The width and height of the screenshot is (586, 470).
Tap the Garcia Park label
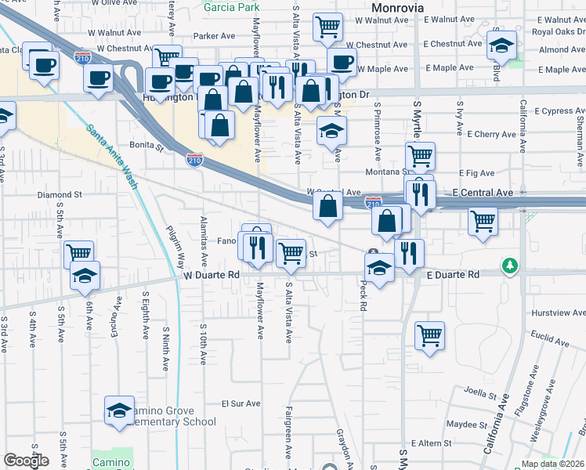pos(231,8)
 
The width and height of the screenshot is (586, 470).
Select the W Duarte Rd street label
pos(212,276)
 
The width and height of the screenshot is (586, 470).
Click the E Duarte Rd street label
pos(453,276)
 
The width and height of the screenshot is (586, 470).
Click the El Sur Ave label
pos(241,404)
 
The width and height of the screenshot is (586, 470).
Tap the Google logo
pos(26,461)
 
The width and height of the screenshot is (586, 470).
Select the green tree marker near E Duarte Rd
pos(510,266)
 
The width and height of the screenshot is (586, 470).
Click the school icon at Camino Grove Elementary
pos(119,410)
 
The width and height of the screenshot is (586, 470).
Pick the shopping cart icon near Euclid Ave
pos(429,335)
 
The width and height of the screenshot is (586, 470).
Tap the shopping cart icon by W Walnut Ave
pos(327,27)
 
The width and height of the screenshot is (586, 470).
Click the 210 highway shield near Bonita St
pos(195,160)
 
